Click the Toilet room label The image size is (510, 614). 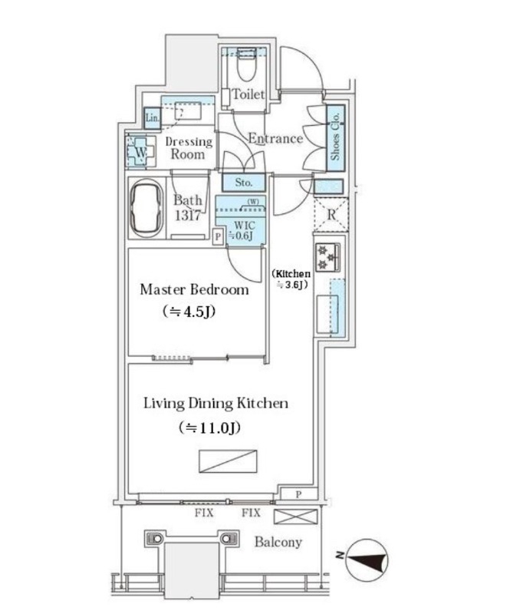(248, 95)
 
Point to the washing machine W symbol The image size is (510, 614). (140, 152)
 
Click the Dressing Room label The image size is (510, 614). (188, 148)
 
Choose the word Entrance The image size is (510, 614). (275, 139)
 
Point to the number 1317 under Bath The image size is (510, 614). (187, 216)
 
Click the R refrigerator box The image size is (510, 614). (331, 214)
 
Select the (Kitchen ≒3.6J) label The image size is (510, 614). (292, 279)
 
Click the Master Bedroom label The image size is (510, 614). (194, 290)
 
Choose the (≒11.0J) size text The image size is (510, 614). (209, 427)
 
